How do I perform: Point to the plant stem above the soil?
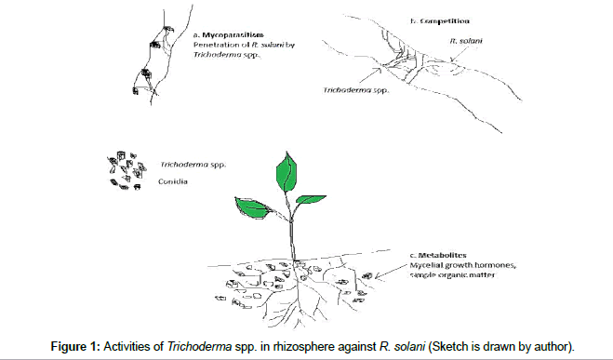(x=292, y=233)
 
